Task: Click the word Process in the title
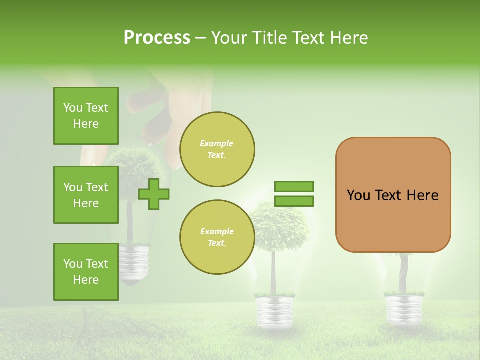click(157, 38)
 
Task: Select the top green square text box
click(86, 116)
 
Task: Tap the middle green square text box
click(86, 195)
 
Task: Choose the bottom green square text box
click(86, 272)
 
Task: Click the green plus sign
click(153, 194)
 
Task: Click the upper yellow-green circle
click(217, 149)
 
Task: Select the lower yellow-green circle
click(217, 237)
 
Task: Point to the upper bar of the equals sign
click(294, 186)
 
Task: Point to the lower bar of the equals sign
click(294, 201)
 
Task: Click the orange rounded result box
click(393, 195)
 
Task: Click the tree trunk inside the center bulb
click(273, 272)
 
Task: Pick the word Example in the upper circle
click(216, 143)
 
